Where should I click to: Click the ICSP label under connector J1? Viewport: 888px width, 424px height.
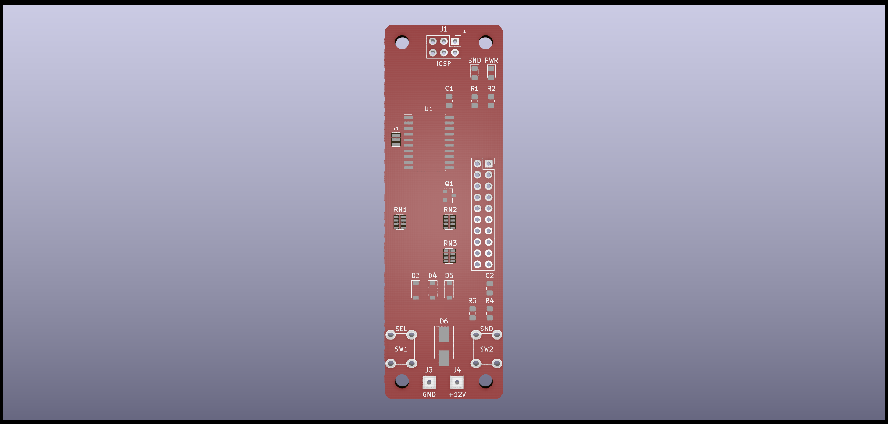(x=444, y=64)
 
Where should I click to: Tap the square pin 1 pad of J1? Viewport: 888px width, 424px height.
(x=455, y=41)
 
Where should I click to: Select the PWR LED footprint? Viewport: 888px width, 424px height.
(x=491, y=72)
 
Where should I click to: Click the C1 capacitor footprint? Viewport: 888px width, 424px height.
(x=449, y=101)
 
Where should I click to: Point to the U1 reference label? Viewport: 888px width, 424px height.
(x=429, y=109)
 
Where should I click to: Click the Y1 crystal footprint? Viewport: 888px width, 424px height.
(x=396, y=139)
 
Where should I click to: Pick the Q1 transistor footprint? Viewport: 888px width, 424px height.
(x=449, y=196)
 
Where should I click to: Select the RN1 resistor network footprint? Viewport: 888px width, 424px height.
(x=400, y=222)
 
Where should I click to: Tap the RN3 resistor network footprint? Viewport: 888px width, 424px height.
(x=449, y=256)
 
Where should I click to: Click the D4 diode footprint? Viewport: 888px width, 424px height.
(x=432, y=290)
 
